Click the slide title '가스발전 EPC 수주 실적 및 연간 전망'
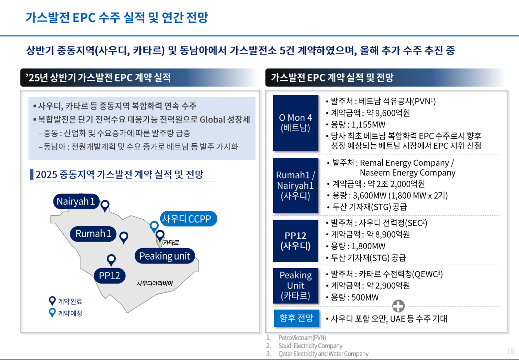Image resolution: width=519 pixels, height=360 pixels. pyautogui.click(x=117, y=18)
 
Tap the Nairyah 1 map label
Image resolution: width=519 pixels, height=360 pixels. pyautogui.click(x=75, y=201)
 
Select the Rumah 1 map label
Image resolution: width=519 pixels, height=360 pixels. pyautogui.click(x=93, y=233)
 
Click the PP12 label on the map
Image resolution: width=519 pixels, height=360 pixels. pyautogui.click(x=109, y=276)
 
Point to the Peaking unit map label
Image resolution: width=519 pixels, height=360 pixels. pyautogui.click(x=165, y=256)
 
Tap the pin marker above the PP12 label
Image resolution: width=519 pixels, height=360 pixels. pyautogui.click(x=111, y=260)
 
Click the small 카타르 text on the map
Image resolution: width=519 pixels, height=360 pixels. pyautogui.click(x=171, y=243)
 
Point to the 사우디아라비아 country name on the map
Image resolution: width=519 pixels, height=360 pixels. pyautogui.click(x=155, y=283)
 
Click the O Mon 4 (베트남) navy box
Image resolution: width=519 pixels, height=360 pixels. pyautogui.click(x=295, y=123)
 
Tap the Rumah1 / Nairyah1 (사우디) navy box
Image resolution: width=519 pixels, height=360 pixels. pyautogui.click(x=295, y=185)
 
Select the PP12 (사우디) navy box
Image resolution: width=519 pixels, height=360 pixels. pyautogui.click(x=295, y=241)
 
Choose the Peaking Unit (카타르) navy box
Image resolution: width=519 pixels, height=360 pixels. pyautogui.click(x=295, y=286)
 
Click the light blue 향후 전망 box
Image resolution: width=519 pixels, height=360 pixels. pyautogui.click(x=296, y=318)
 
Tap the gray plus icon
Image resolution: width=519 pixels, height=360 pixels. pyautogui.click(x=399, y=306)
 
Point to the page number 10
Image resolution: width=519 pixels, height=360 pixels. pyautogui.click(x=510, y=351)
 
